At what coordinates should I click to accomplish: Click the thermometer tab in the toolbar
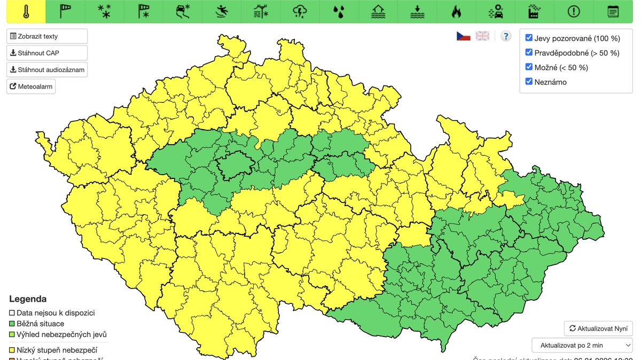click(x=26, y=12)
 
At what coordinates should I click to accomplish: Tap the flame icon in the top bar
click(x=456, y=12)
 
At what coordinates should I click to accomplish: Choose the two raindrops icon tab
click(x=339, y=12)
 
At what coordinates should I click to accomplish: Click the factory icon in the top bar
click(x=535, y=12)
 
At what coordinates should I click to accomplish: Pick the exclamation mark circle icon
click(x=574, y=12)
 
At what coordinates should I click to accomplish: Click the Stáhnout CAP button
click(x=47, y=53)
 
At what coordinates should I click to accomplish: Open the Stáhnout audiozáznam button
click(x=47, y=69)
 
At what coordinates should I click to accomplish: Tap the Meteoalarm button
click(x=31, y=86)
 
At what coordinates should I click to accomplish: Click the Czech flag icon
click(x=463, y=36)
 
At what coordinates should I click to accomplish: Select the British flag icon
click(x=482, y=36)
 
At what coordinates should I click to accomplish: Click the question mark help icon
click(x=506, y=36)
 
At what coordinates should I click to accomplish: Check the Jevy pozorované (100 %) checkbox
click(x=529, y=38)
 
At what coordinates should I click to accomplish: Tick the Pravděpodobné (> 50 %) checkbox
click(x=529, y=52)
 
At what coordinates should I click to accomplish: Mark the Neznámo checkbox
click(x=529, y=82)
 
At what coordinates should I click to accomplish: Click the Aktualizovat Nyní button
click(x=598, y=328)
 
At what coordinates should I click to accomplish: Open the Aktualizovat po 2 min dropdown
click(x=582, y=345)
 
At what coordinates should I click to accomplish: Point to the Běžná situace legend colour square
click(x=12, y=324)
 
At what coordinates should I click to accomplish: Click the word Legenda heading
click(x=28, y=299)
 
